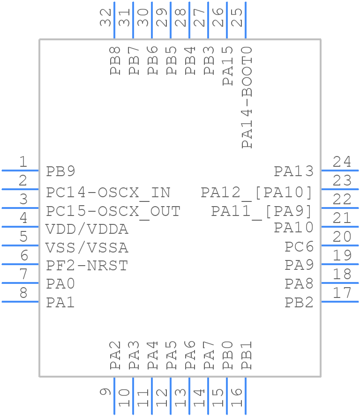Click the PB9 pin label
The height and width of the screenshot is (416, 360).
60,171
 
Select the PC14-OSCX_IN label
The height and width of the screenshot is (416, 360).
108,193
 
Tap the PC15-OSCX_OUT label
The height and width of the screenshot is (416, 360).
113,211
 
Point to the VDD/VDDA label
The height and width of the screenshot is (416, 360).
87,230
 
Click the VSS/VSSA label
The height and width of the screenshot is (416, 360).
87,247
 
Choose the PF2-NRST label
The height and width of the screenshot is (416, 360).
87,266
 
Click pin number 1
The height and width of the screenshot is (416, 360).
23,162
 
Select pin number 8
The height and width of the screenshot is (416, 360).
23,293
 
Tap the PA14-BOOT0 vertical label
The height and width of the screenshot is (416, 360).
247,97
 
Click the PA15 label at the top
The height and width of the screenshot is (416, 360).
228,66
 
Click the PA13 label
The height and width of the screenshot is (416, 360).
293,171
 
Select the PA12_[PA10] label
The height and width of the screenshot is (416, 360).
256,193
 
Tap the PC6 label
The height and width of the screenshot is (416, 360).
299,247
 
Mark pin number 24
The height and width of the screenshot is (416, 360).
342,162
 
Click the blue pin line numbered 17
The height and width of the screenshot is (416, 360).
340,302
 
